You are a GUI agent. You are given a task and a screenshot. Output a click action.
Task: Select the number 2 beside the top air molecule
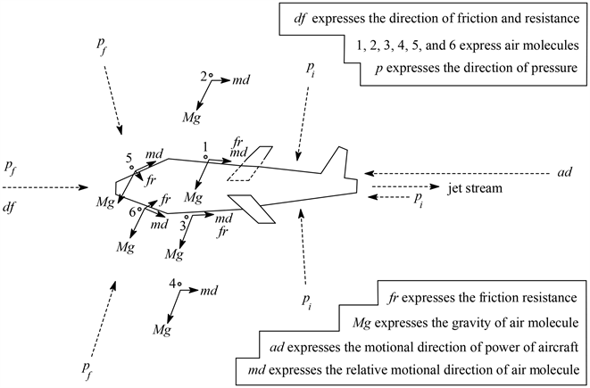[203, 77]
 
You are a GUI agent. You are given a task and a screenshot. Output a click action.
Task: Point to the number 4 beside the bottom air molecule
[172, 283]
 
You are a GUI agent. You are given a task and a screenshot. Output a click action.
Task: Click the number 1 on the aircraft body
[204, 145]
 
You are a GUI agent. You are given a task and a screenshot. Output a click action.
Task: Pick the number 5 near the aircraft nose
[129, 156]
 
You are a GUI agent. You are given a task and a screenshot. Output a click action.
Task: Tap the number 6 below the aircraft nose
[132, 211]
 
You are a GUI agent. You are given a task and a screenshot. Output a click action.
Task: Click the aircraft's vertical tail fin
[336, 161]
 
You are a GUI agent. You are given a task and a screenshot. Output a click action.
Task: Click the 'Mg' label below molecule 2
[191, 117]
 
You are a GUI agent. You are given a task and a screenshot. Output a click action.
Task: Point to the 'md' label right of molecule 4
[210, 291]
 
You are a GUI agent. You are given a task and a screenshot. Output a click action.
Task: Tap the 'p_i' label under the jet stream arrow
[415, 198]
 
